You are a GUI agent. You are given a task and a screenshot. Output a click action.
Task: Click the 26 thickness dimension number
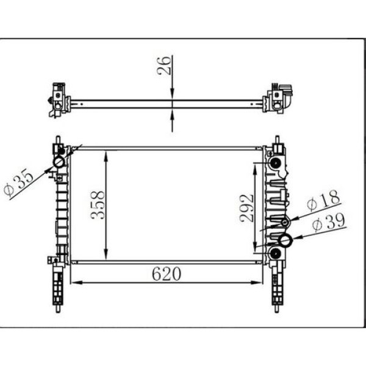coord(163,66)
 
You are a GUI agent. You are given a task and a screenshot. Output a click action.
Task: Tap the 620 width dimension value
coord(167,274)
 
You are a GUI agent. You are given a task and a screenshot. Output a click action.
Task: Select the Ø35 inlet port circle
coord(59,162)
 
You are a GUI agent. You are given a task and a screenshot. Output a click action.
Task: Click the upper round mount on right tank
coord(275,163)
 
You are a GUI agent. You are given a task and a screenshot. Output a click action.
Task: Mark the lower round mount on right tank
coord(275,253)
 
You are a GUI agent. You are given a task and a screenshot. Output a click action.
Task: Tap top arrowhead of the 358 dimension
coord(107,153)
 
